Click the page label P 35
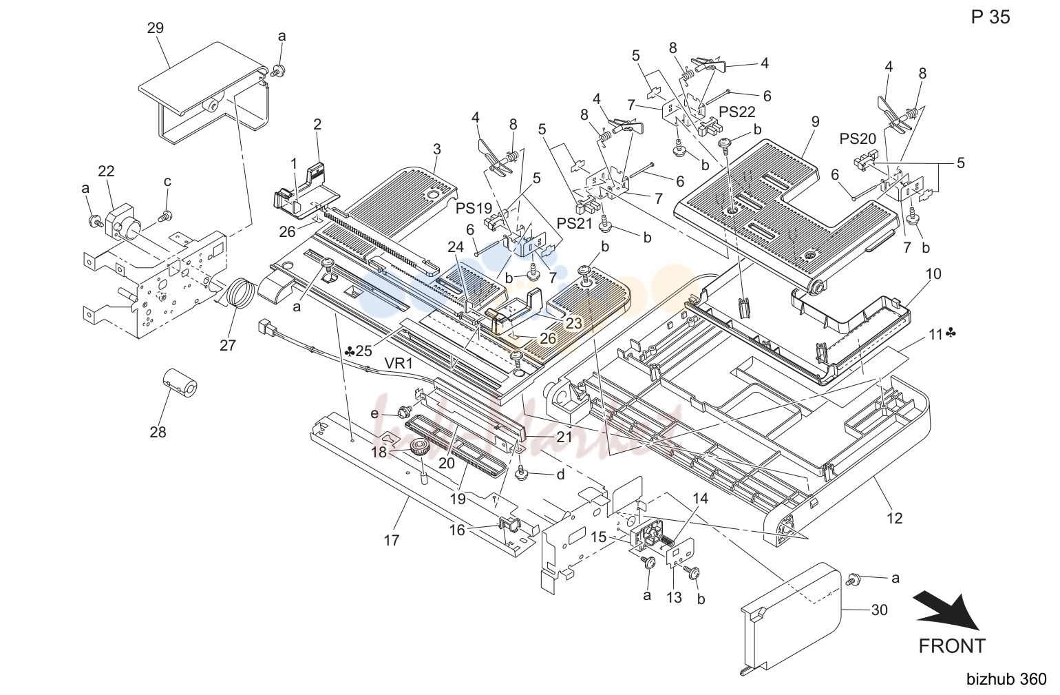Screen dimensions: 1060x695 [x=990, y=17]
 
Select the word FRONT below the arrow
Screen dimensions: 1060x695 [x=952, y=646]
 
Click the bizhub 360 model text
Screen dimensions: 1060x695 [x=1006, y=679]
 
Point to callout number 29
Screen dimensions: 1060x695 [x=156, y=28]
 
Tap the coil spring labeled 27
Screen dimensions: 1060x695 [x=241, y=294]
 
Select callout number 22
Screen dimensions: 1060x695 [x=106, y=171]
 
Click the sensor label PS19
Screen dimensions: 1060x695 [x=474, y=208]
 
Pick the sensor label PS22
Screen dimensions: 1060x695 [x=737, y=112]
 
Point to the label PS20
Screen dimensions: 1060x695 [x=858, y=138]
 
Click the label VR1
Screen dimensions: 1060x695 [x=399, y=364]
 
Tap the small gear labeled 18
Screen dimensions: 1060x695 [x=418, y=448]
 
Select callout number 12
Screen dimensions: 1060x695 [x=894, y=519]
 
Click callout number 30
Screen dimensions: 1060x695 [x=879, y=610]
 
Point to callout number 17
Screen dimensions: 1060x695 [x=392, y=540]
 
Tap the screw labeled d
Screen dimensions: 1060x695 [x=521, y=474]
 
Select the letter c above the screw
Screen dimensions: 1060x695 [x=167, y=182]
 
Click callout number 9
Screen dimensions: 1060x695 [x=815, y=122]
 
